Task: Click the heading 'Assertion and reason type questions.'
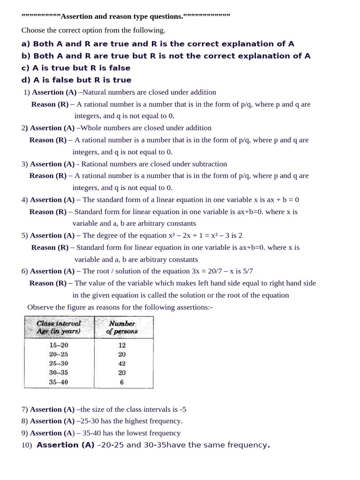pos(122,16)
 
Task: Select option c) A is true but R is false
pos(76,68)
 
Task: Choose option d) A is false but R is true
pos(76,80)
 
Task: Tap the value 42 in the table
pos(122,363)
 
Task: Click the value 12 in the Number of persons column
pos(122,345)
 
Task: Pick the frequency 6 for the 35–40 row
pos(122,382)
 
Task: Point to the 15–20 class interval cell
pos(59,345)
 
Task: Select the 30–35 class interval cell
pos(59,373)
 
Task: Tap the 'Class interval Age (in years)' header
pos(59,327)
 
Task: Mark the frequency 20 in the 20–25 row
pos(122,354)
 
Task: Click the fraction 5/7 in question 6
pos(248,271)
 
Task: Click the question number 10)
pos(26,445)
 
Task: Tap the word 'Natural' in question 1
pos(94,92)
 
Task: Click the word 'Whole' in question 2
pos(91,128)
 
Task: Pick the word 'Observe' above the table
pos(40,307)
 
